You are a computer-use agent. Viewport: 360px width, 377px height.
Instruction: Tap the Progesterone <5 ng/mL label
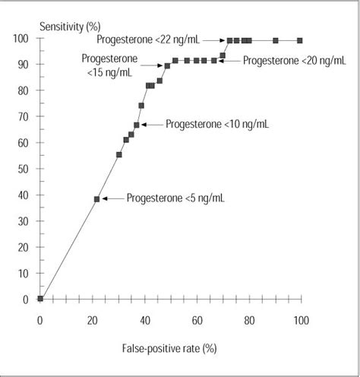pyautogui.click(x=175, y=198)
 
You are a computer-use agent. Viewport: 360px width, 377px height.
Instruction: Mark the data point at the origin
pyautogui.click(x=40, y=299)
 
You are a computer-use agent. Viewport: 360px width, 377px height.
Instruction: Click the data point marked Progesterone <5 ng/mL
pyautogui.click(x=96, y=198)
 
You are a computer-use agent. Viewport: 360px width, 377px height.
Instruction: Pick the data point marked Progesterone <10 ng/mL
pyautogui.click(x=137, y=125)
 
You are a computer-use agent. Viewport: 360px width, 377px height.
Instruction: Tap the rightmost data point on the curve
pyautogui.click(x=300, y=40)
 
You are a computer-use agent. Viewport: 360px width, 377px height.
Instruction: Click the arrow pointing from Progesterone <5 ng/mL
pyautogui.click(x=112, y=198)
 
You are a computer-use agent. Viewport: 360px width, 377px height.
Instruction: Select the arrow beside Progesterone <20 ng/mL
pyautogui.click(x=230, y=60)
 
